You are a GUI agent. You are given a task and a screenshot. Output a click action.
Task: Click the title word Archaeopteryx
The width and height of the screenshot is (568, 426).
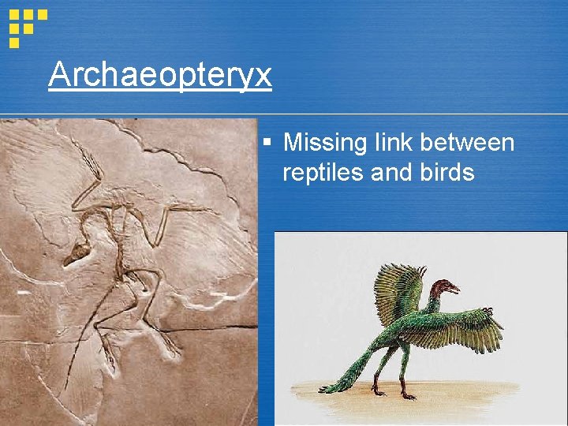159,76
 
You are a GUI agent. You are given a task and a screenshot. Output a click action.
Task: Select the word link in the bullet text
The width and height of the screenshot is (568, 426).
390,143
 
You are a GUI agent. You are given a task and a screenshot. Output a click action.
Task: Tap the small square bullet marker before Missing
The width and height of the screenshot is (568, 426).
268,144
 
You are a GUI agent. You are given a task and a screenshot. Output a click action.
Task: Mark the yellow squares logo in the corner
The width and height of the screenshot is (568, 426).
26,25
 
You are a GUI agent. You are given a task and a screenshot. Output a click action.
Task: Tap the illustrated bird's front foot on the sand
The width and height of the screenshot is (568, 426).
409,394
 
